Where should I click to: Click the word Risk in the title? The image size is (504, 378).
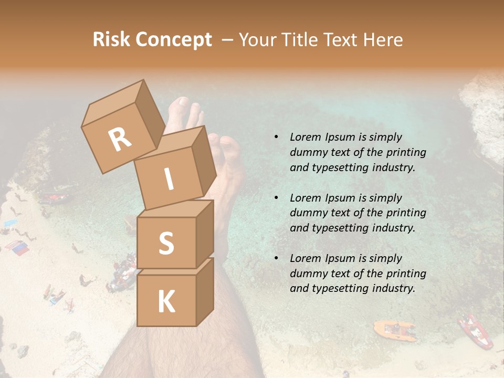coord(112,40)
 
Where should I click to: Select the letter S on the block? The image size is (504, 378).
coord(166,243)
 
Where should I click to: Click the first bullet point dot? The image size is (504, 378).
coord(276,138)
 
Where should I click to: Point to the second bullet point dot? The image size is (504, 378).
coord(276,198)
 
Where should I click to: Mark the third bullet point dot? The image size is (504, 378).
coord(276,258)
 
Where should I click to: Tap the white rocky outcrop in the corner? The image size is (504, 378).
coord(483,105)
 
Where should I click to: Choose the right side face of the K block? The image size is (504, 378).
coord(205,291)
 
